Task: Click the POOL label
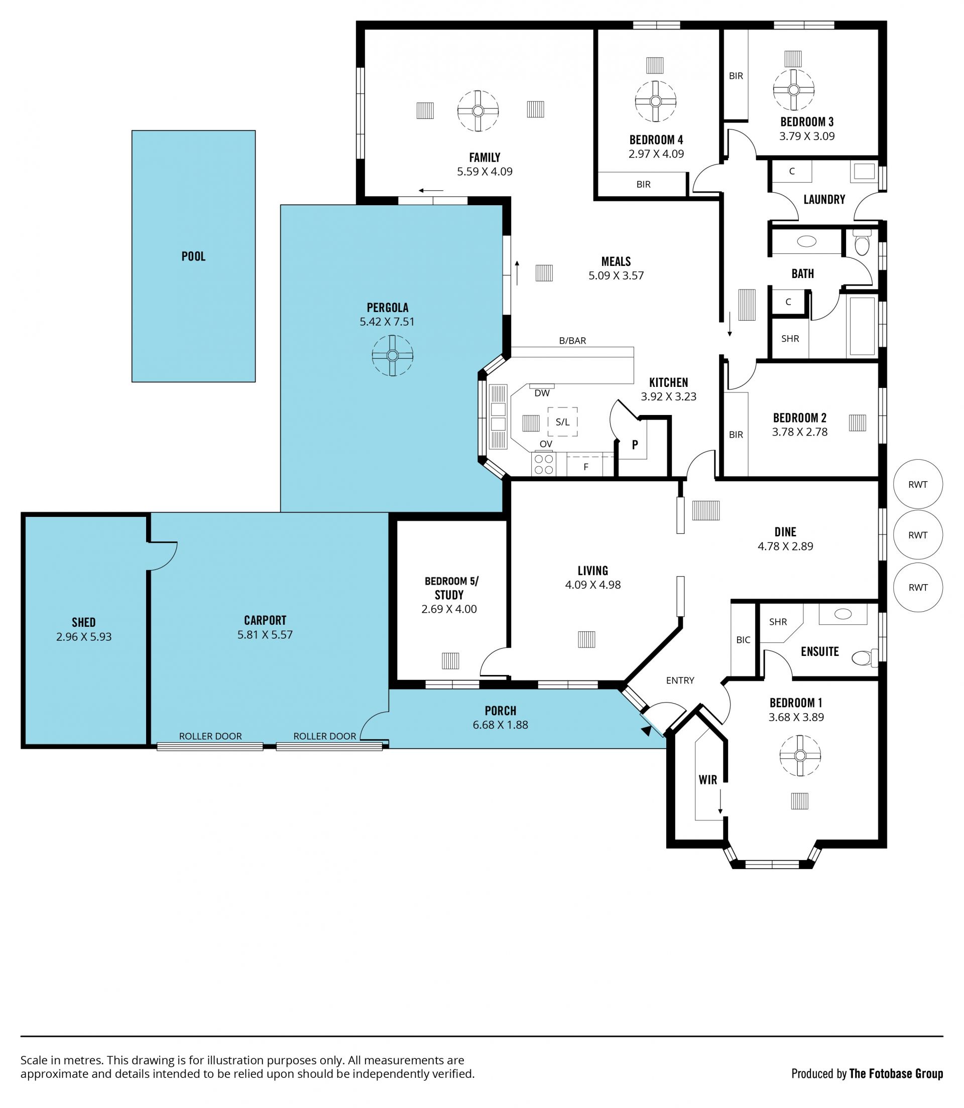tap(193, 256)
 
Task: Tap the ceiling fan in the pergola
tap(392, 355)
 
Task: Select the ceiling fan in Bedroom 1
tap(800, 756)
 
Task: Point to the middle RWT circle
tap(918, 535)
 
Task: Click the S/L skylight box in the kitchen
tap(563, 422)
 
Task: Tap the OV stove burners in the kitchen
tap(543, 465)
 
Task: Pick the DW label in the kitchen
tap(542, 393)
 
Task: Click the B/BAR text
tap(572, 340)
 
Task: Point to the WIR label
tap(708, 779)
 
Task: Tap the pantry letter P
tap(635, 445)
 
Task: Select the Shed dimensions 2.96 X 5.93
tap(84, 636)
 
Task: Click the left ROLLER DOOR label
tap(210, 736)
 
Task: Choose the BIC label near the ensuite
tap(743, 640)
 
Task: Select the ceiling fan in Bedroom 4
tap(655, 101)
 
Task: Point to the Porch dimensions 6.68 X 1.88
tap(500, 725)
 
